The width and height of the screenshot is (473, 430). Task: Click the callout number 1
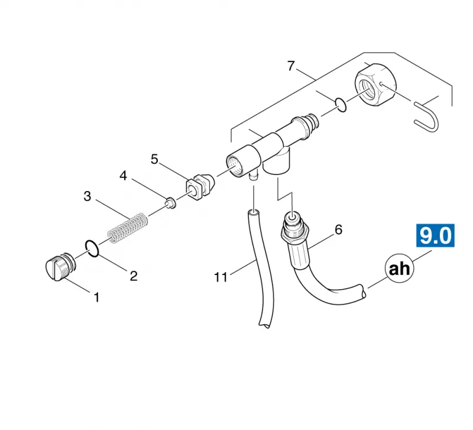pos(96,298)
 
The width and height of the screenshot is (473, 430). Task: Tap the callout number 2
pos(134,276)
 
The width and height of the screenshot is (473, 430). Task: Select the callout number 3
pos(87,196)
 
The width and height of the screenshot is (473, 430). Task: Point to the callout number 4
pos(123,176)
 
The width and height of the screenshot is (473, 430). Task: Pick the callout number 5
pos(154,159)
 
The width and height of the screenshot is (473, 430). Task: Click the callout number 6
pos(339,230)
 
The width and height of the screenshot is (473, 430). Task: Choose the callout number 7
pos(291,66)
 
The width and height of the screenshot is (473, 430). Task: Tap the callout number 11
pos(221,277)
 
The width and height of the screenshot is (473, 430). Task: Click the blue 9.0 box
pos(435,235)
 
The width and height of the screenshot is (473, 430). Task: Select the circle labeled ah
pos(400,269)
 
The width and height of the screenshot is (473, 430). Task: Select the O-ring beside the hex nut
pos(341,105)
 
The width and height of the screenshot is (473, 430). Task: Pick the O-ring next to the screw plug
pos(92,248)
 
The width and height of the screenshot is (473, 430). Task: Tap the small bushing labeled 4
pos(171,203)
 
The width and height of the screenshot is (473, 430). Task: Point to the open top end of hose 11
pos(253,214)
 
